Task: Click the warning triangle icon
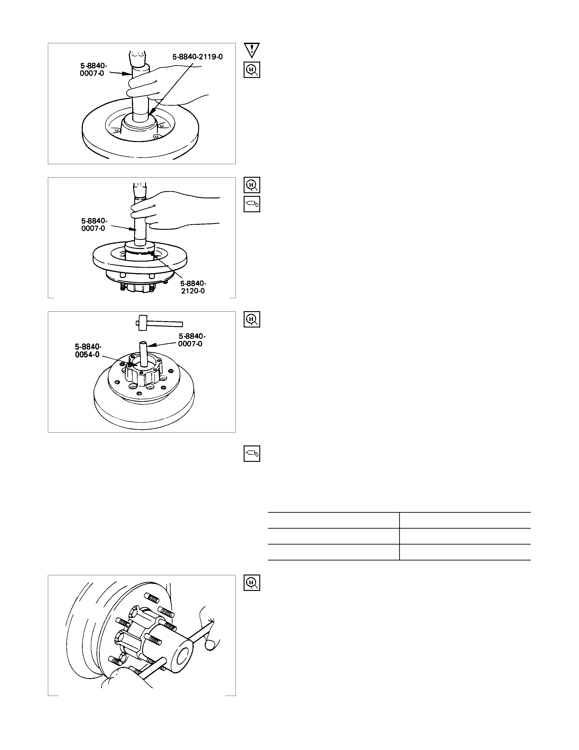click(252, 50)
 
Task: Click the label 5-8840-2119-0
click(198, 57)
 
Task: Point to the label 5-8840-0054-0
click(88, 351)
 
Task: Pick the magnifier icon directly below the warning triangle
click(252, 70)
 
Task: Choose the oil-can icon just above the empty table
click(252, 454)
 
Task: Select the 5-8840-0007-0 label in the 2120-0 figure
click(94, 224)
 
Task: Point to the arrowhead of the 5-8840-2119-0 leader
click(152, 112)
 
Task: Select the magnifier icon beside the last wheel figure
click(252, 583)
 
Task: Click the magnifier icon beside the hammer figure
click(252, 319)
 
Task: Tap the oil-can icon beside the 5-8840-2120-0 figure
click(252, 204)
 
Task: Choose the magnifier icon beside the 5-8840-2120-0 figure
click(252, 185)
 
